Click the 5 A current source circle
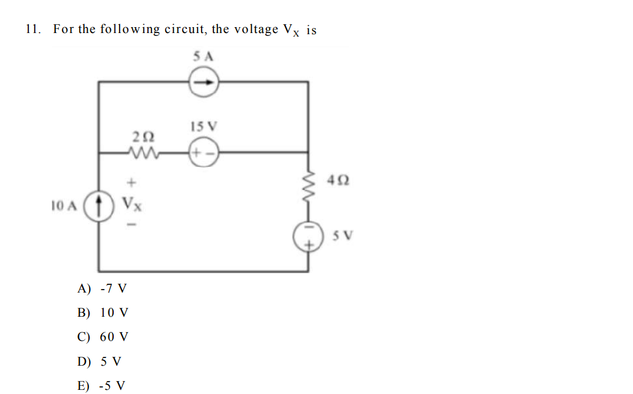point(203,83)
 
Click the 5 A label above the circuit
point(203,57)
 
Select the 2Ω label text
point(144,136)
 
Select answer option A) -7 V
point(102,289)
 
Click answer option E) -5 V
point(102,386)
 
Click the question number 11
point(33,29)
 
